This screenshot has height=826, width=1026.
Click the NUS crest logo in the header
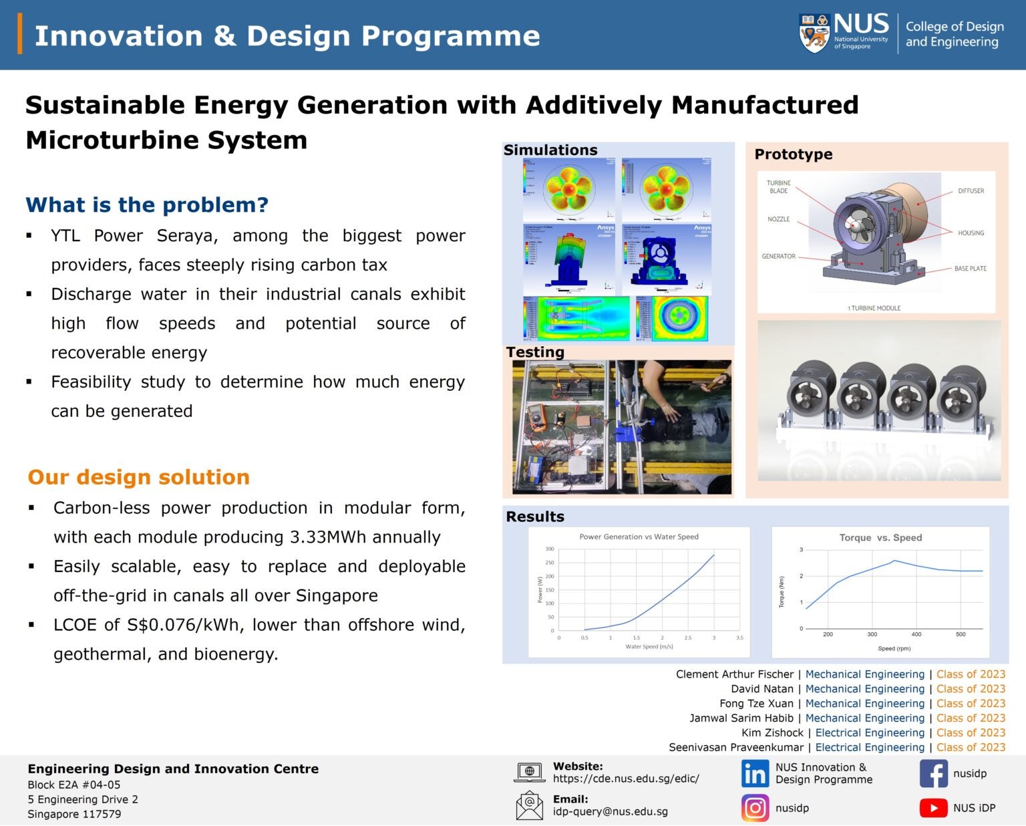[814, 33]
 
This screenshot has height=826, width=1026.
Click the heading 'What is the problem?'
[147, 204]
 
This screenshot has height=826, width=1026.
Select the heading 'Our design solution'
[138, 477]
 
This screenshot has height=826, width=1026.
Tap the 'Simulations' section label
[550, 150]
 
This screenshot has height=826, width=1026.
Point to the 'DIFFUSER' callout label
[971, 191]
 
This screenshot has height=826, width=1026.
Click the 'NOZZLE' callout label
[778, 219]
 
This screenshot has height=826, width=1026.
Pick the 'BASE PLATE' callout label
[970, 269]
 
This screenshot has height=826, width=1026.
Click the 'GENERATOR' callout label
[778, 257]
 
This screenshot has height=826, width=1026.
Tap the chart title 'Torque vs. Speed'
[880, 538]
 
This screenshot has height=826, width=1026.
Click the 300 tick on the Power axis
[550, 549]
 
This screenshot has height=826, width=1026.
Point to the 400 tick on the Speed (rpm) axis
[916, 634]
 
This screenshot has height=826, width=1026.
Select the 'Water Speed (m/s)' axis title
[649, 647]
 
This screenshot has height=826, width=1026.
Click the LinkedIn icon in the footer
[755, 774]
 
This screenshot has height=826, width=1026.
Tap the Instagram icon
[755, 808]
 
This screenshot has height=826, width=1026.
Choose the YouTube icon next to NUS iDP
[933, 808]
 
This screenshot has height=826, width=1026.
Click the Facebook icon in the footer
[933, 774]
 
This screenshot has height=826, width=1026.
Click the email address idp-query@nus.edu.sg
[610, 812]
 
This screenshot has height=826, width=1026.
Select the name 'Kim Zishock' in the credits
[772, 733]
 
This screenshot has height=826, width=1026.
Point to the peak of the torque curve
[894, 561]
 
